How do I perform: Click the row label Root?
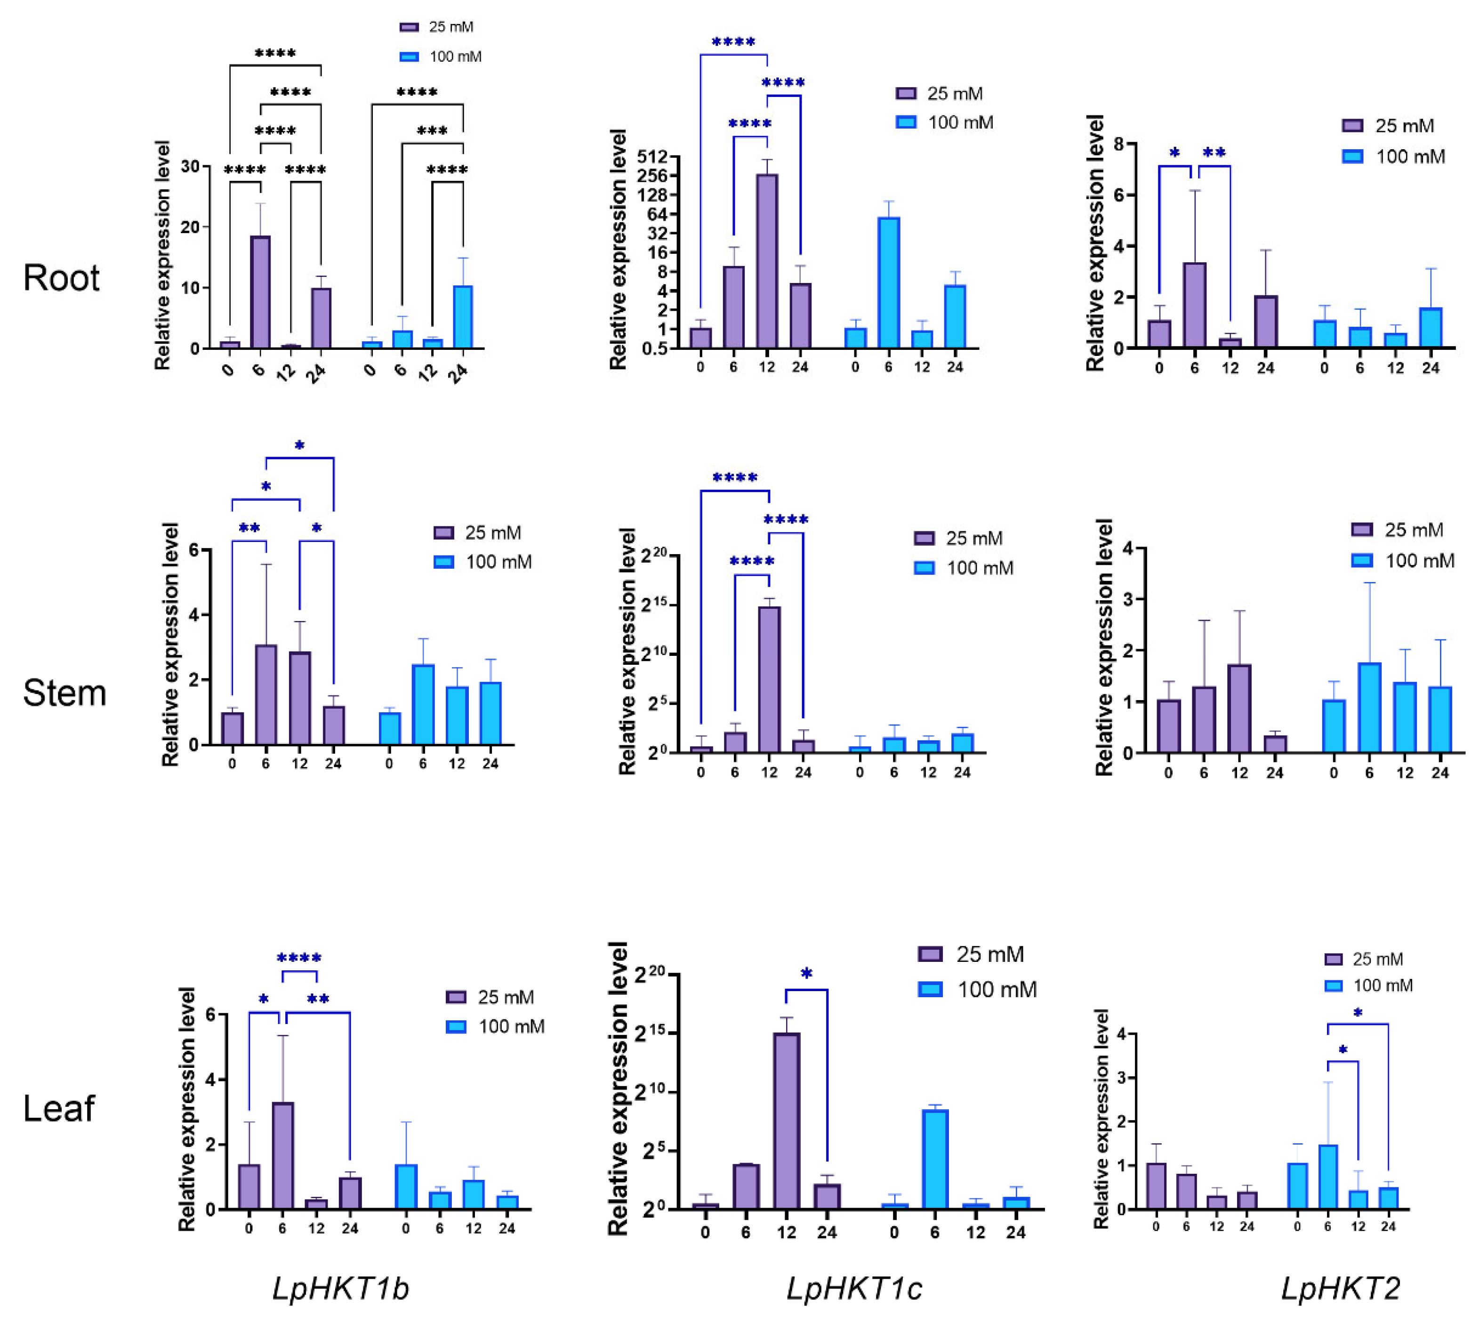click(x=61, y=278)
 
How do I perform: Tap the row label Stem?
click(x=64, y=692)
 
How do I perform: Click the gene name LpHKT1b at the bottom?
click(x=340, y=1288)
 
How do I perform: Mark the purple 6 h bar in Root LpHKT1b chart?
click(x=260, y=292)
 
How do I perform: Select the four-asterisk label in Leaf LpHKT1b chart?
click(x=299, y=959)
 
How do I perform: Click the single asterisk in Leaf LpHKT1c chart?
click(x=806, y=975)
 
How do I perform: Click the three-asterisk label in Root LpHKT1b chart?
click(x=432, y=131)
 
